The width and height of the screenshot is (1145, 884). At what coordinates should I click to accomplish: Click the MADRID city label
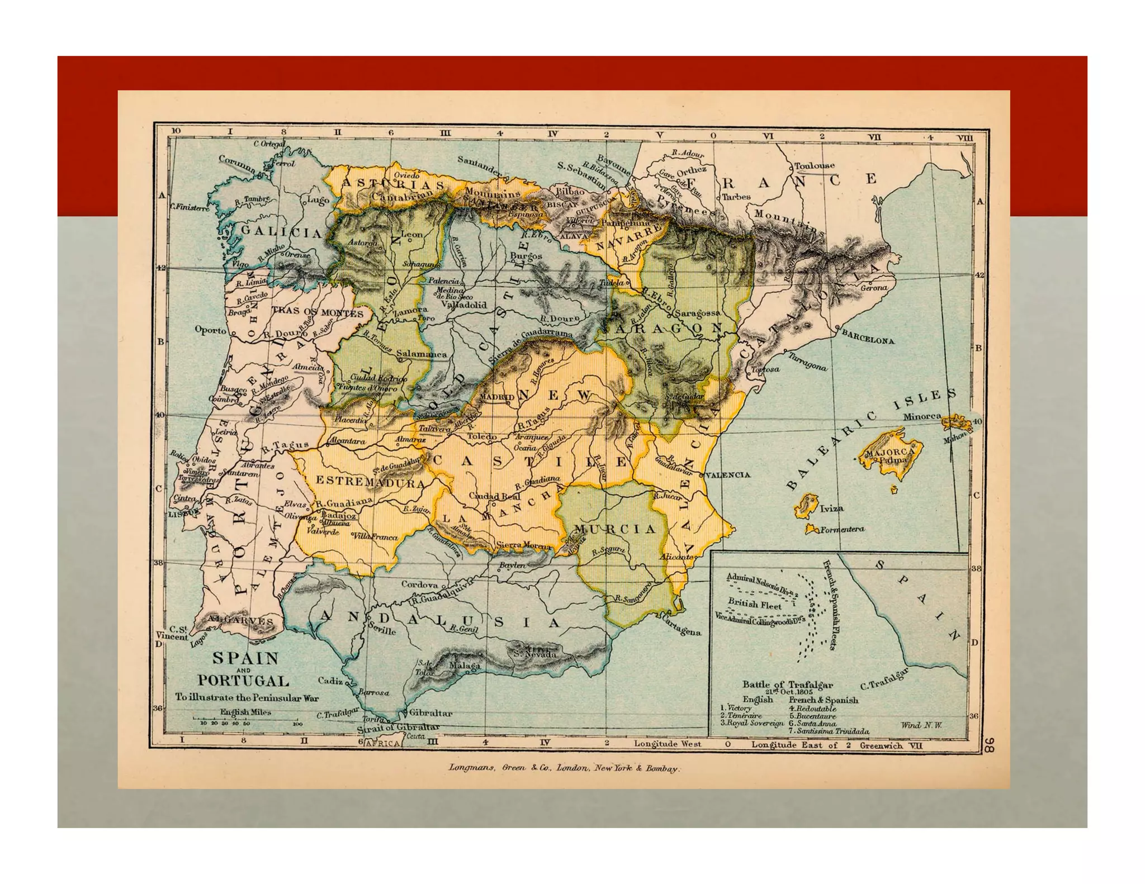click(x=496, y=397)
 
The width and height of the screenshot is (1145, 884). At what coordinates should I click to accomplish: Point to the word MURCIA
click(x=614, y=529)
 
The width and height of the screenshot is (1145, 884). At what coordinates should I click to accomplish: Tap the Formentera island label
click(x=842, y=529)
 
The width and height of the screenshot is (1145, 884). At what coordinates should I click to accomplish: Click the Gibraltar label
click(x=430, y=712)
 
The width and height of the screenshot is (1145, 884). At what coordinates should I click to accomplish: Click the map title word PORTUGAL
click(x=243, y=681)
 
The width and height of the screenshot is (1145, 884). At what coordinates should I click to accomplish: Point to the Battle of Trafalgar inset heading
click(x=787, y=684)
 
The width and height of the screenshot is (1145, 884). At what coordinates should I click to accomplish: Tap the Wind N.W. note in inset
click(x=921, y=725)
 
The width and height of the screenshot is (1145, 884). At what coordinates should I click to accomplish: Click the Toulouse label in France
click(x=814, y=165)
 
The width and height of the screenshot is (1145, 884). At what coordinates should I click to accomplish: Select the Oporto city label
click(x=210, y=330)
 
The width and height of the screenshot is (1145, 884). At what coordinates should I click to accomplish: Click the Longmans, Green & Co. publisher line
click(x=564, y=768)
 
